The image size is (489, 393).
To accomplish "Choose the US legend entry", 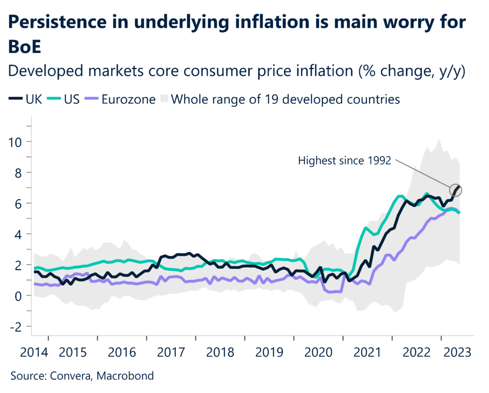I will click(58, 99).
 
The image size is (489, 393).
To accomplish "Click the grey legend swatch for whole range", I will click(164, 99).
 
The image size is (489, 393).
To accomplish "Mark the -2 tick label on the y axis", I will click(17, 326).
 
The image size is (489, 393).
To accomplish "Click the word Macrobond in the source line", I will click(125, 376).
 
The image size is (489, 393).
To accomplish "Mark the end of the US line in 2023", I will click(459, 213).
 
